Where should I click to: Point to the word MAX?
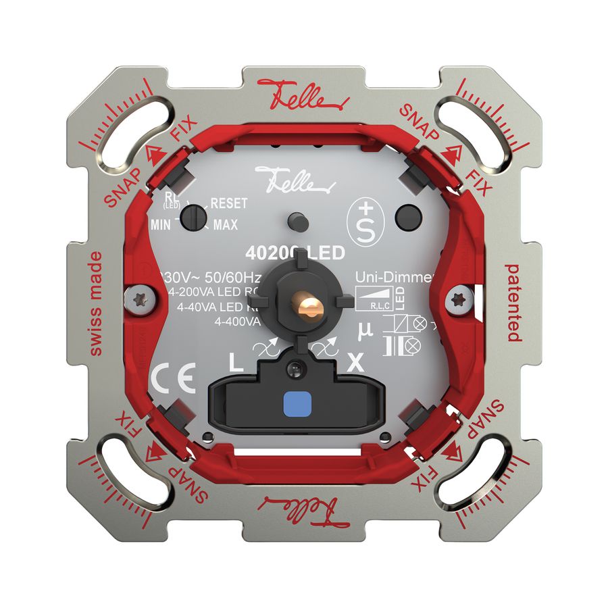[225, 226]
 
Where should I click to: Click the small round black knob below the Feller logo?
[295, 220]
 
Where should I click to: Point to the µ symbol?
[363, 329]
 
